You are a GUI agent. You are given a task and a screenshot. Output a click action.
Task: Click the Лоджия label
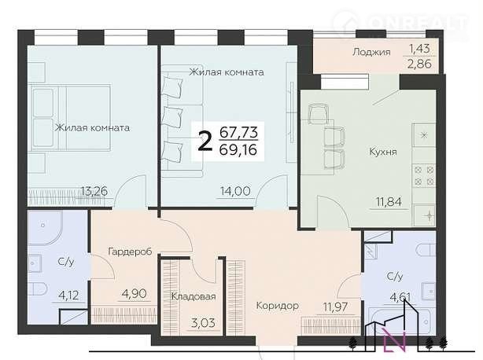(371, 52)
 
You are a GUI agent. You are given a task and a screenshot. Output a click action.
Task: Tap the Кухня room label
(383, 152)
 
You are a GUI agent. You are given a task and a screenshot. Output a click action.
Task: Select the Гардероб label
(130, 252)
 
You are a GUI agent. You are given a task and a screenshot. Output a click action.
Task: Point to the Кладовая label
(194, 296)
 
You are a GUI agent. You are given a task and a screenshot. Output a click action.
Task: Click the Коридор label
(277, 306)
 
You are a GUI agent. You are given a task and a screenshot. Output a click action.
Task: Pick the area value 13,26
(94, 191)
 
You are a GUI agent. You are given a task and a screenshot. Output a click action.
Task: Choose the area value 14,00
(235, 191)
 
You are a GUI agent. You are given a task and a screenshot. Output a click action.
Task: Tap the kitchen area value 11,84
(389, 202)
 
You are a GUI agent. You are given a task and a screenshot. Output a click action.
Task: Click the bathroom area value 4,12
(68, 296)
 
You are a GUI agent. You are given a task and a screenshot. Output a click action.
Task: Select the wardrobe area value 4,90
(135, 293)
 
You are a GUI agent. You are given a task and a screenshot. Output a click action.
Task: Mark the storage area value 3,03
(202, 323)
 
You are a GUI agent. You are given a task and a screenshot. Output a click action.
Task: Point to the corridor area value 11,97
(335, 307)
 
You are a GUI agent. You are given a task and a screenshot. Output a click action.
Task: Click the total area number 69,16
(238, 150)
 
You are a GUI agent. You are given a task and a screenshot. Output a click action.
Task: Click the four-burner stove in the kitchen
(424, 175)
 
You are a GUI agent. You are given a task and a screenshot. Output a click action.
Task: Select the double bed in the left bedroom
(71, 118)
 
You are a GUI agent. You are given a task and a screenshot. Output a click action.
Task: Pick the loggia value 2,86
(420, 64)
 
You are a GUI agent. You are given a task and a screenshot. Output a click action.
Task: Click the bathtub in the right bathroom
(400, 321)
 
